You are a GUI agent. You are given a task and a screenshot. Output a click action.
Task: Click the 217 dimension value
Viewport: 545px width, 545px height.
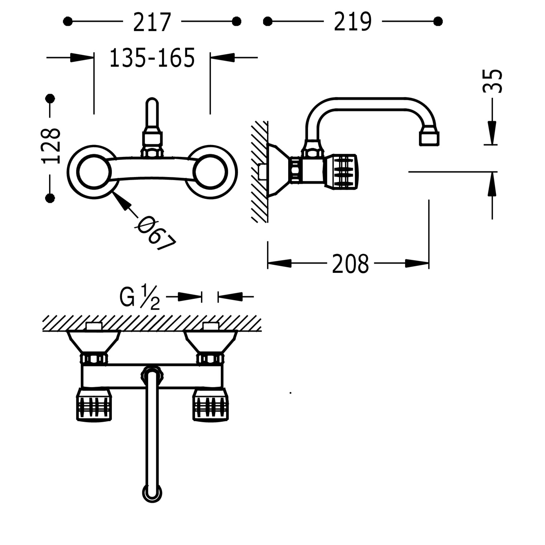152,22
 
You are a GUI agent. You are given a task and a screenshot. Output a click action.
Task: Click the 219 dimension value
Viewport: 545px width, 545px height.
352,22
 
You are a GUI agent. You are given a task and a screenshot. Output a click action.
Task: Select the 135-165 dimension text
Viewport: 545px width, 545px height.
152,58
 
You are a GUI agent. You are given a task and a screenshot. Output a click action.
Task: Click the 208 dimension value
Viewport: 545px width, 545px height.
350,264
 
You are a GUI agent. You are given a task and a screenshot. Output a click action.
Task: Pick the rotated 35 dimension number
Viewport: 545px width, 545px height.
493,81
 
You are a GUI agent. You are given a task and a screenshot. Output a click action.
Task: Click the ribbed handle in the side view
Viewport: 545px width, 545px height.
342,172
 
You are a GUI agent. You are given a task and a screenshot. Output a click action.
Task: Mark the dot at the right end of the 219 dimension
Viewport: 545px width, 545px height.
438,21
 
